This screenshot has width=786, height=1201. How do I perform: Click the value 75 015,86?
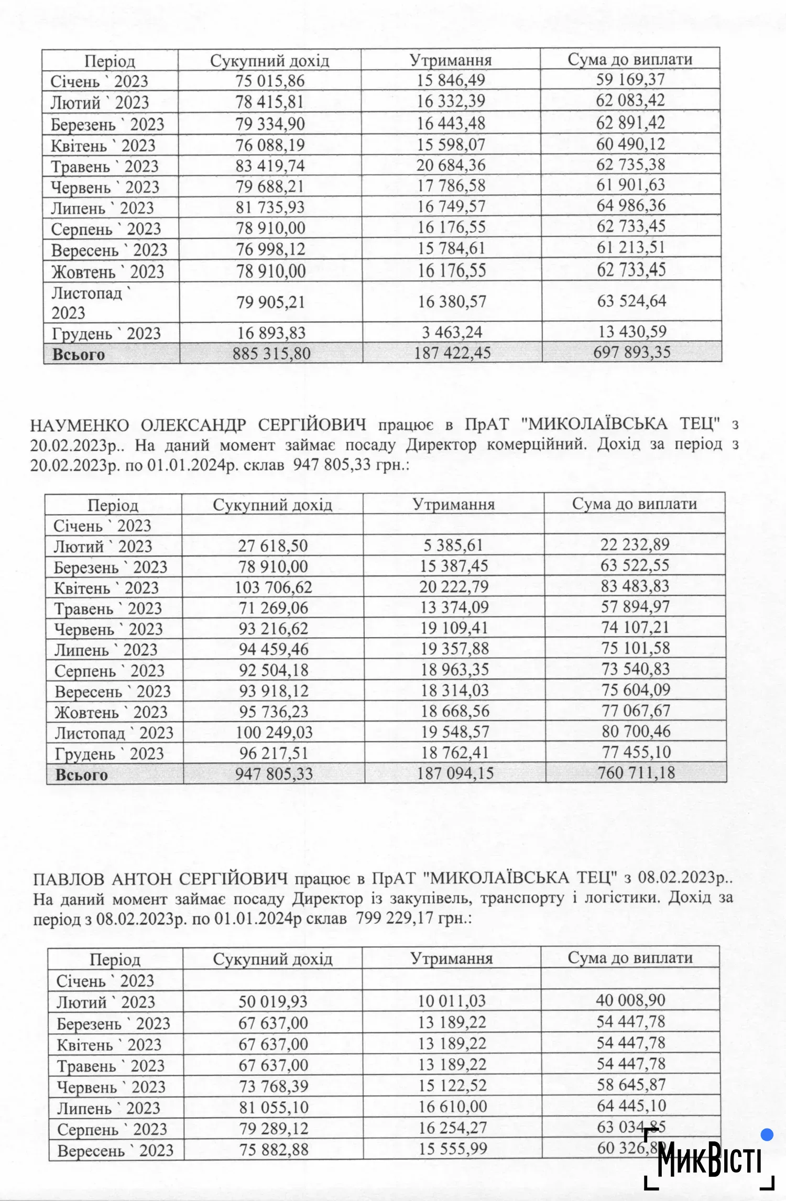[x=270, y=81]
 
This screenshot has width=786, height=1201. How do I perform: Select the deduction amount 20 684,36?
[x=451, y=166]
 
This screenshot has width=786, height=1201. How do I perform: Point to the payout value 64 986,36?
[x=631, y=205]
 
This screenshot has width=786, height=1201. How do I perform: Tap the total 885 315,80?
[x=271, y=353]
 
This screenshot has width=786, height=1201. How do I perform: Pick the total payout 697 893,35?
[x=632, y=352]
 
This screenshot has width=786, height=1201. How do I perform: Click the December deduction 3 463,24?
[x=452, y=332]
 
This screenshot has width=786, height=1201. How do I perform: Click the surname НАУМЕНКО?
[x=80, y=424]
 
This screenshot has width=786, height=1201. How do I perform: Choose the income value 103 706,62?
[x=273, y=587]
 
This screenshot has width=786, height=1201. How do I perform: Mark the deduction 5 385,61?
[x=453, y=545]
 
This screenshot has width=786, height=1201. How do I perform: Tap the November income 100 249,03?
[x=274, y=732]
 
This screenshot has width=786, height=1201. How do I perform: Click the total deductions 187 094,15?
[x=455, y=773]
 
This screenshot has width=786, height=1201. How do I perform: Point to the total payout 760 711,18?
[x=636, y=772]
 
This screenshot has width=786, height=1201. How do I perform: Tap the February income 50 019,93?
[x=273, y=1002]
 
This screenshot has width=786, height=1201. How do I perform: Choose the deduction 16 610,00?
[x=453, y=1107]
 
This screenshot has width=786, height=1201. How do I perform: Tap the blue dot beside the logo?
[x=767, y=1135]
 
